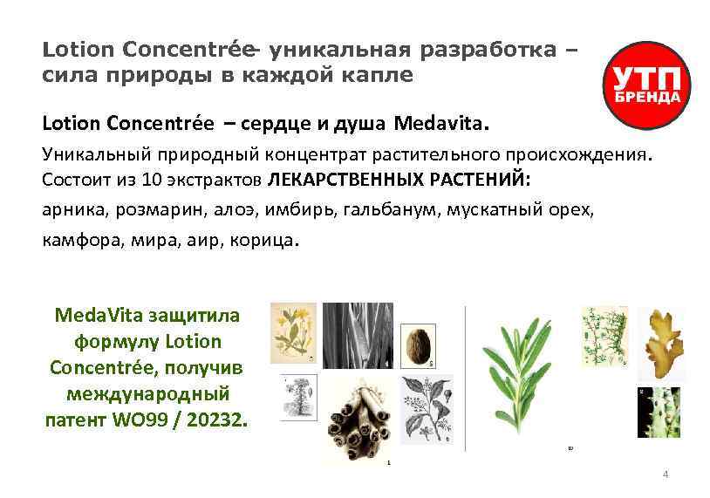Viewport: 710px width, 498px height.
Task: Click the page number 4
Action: click(666, 474)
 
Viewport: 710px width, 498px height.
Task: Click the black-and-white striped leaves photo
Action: click(357, 334)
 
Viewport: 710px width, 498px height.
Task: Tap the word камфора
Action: click(75, 239)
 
